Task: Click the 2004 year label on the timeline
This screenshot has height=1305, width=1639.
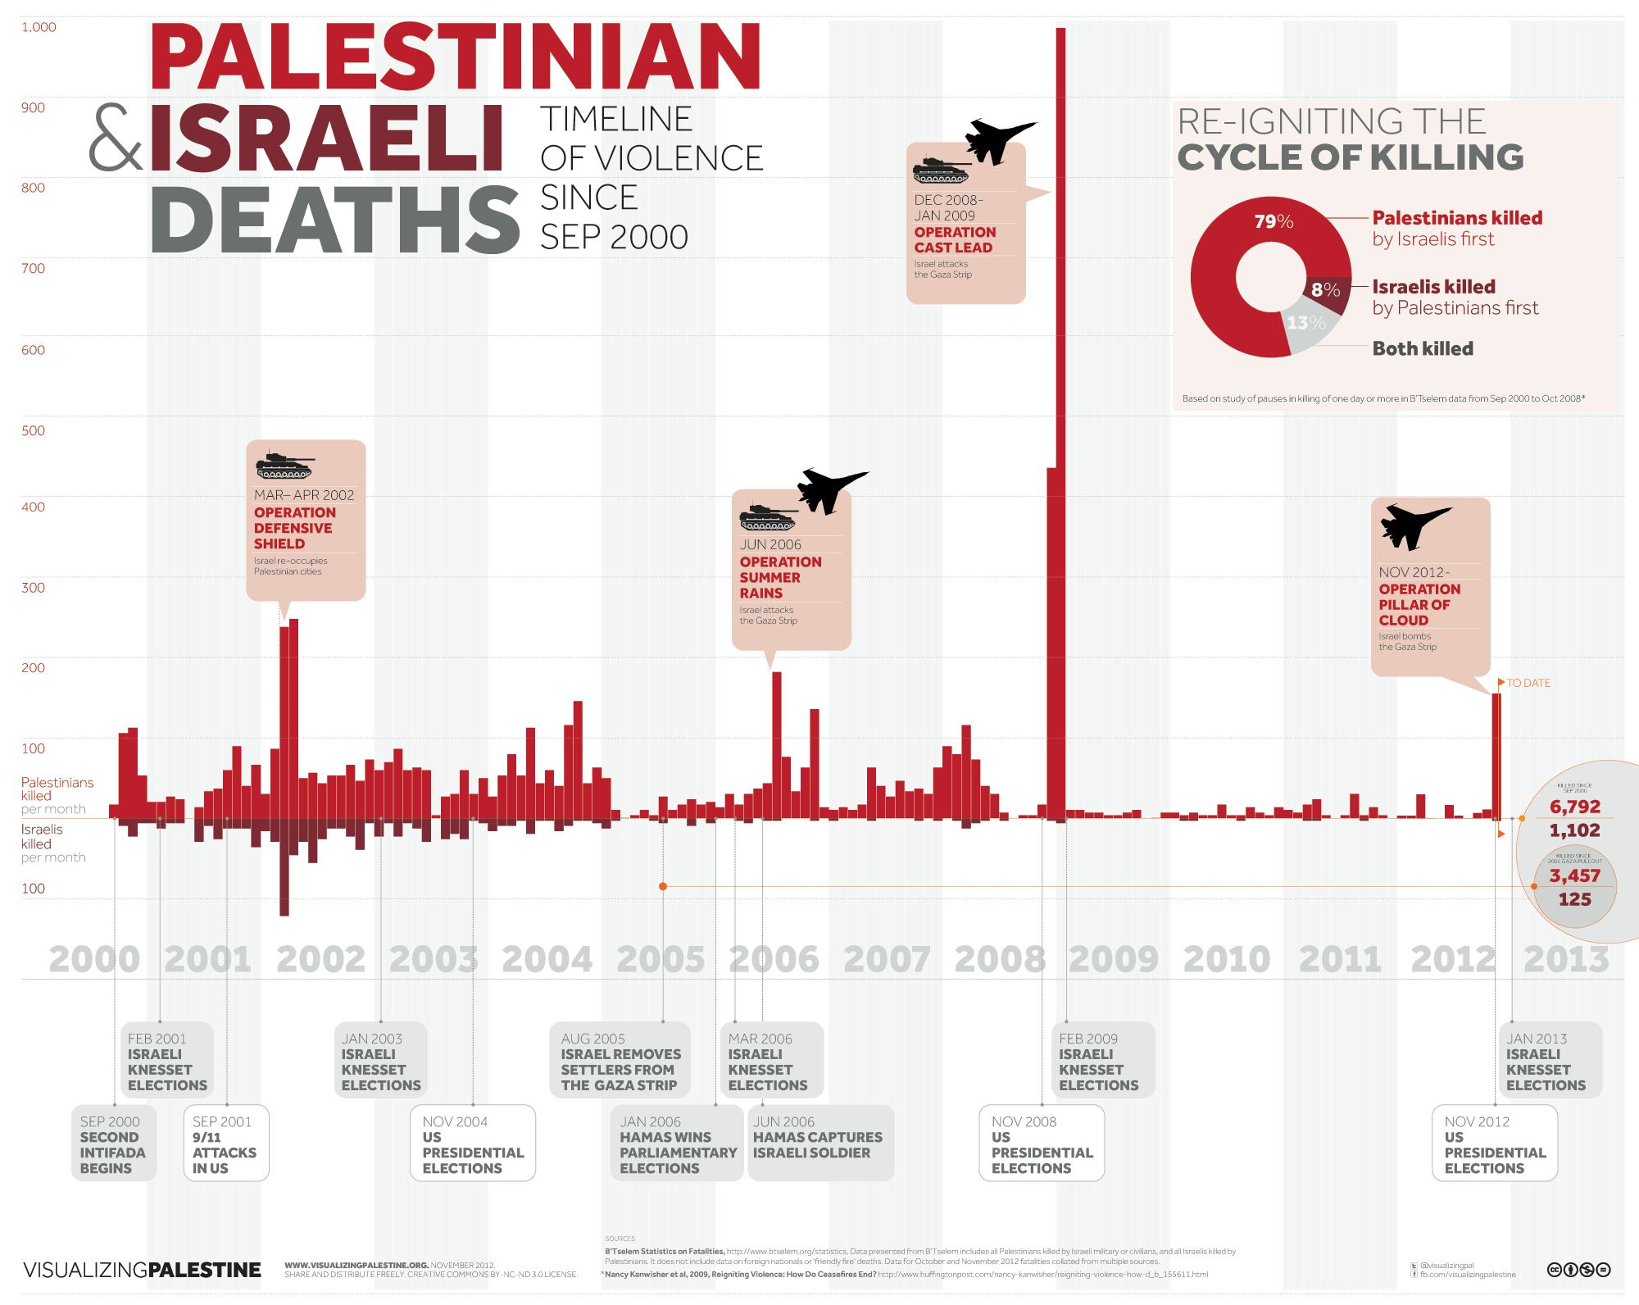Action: tap(547, 959)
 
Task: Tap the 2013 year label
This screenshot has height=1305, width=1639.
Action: tap(1565, 959)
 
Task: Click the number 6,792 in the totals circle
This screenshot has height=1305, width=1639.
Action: tap(1574, 807)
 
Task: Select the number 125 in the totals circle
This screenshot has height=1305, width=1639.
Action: tap(1574, 899)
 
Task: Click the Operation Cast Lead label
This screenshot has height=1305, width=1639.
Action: tap(955, 239)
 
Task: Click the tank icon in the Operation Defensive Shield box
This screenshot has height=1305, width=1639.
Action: tap(285, 466)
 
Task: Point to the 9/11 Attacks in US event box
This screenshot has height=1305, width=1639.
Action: tap(225, 1144)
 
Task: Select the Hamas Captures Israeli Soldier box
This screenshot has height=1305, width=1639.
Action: tap(819, 1144)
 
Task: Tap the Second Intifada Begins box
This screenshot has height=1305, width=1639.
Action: tap(113, 1144)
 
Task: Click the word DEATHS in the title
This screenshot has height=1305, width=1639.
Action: tap(334, 220)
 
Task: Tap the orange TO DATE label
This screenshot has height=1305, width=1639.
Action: tap(1528, 683)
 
